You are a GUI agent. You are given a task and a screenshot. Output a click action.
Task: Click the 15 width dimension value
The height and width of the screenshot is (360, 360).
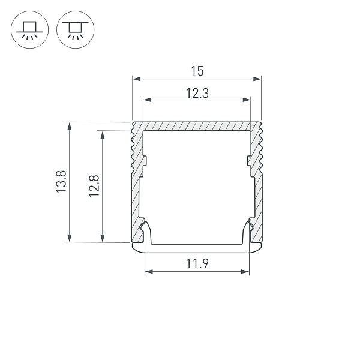pos(197,71)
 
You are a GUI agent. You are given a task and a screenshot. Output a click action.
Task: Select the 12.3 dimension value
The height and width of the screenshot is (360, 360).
pos(196,93)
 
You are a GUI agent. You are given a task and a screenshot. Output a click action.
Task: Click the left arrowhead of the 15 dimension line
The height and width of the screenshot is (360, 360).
pos(135,79)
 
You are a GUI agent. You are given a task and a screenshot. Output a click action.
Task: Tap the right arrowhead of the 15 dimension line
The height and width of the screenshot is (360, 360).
pos(259,79)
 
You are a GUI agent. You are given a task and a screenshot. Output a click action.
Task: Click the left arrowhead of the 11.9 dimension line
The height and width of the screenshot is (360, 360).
pos(148,272)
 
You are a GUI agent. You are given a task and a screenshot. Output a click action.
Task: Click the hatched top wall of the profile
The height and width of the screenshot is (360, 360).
pos(197,127)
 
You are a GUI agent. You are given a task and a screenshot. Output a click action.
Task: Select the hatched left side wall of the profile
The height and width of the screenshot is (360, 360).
pos(136,180)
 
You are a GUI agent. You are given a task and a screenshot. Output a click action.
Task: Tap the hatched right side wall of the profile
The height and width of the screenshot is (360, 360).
pos(257,180)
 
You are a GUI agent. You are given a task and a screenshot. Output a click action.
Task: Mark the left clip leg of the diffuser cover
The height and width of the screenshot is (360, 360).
pos(146,231)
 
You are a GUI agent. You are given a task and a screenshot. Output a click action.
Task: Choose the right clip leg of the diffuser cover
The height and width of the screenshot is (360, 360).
pos(247,231)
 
